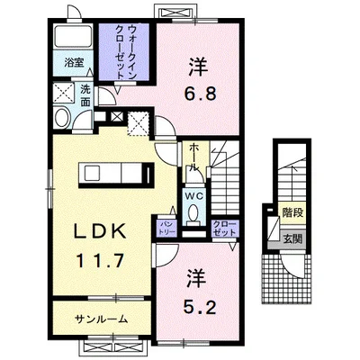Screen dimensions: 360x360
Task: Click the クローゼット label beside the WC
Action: (x=226, y=228)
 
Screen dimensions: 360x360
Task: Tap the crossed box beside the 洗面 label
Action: (x=64, y=93)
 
